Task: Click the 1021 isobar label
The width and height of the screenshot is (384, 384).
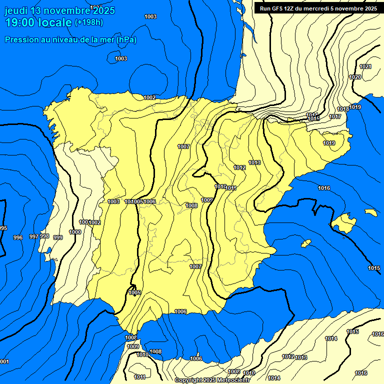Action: click(x=365, y=67)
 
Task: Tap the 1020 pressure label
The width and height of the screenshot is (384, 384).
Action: click(x=355, y=77)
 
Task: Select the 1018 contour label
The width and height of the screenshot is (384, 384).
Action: click(x=343, y=109)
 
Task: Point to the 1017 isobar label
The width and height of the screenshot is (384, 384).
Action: click(x=335, y=116)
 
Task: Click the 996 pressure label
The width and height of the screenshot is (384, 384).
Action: click(x=18, y=237)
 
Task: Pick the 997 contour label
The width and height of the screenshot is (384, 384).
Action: click(x=34, y=236)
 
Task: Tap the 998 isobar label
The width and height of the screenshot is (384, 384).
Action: click(x=44, y=236)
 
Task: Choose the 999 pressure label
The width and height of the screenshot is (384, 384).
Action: click(x=58, y=237)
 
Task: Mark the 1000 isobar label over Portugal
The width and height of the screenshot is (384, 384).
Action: click(x=75, y=232)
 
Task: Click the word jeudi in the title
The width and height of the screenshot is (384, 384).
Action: click(x=16, y=10)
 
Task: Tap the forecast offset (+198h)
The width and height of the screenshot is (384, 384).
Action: click(x=88, y=22)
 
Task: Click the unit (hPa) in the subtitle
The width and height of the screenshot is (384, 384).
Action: click(x=126, y=39)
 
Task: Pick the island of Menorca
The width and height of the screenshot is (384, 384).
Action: click(x=370, y=212)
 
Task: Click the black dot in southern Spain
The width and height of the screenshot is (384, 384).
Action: click(x=135, y=300)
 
